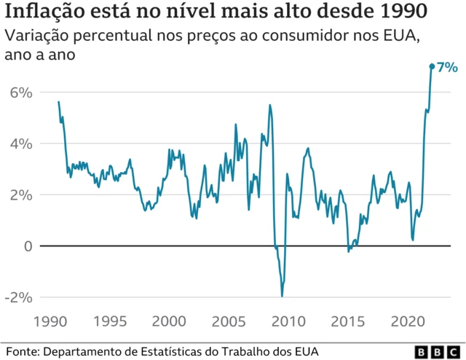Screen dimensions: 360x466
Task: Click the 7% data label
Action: click(x=446, y=67)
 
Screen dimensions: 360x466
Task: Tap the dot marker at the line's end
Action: click(x=432, y=66)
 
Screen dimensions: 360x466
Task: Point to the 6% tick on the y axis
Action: click(x=22, y=93)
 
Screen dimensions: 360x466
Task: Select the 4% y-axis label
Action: click(x=22, y=144)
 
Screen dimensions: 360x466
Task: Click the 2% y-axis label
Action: click(x=22, y=195)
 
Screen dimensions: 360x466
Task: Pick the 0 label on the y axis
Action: click(x=28, y=246)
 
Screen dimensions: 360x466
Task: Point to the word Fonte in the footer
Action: click(x=22, y=351)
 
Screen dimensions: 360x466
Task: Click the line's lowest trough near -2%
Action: click(x=282, y=295)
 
